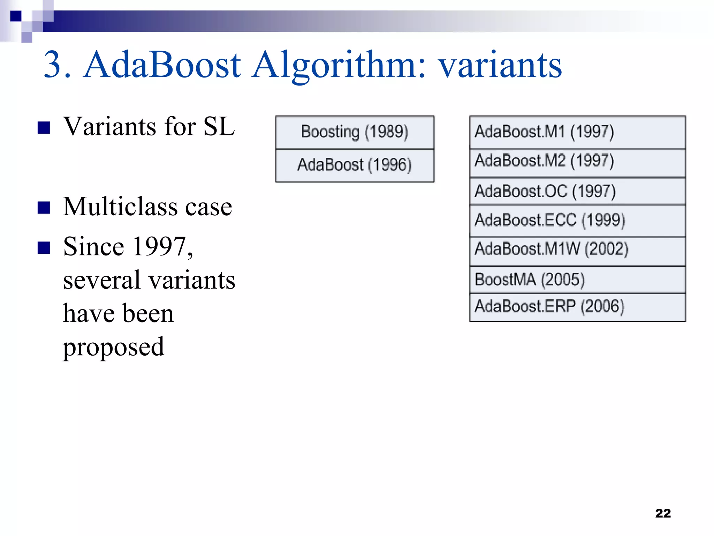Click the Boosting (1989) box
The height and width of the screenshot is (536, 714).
coord(355,132)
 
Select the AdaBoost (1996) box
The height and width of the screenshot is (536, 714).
coord(355,165)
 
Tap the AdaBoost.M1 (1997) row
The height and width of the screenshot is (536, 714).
coord(577,132)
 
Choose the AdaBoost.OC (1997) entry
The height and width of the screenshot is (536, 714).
coord(577,191)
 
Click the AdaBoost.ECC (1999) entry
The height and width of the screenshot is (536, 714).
coord(577,221)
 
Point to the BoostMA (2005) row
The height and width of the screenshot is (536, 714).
coord(577,280)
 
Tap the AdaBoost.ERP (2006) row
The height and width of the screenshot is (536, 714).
coord(577,307)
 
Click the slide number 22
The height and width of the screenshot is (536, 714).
coord(663,513)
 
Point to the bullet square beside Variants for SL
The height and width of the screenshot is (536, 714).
coord(44,128)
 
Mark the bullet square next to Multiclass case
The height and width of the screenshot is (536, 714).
coord(44,208)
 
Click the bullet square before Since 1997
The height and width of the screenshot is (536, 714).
coord(44,248)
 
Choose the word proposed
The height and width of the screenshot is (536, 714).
coord(113,347)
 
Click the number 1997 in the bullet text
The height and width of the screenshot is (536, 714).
coord(160,247)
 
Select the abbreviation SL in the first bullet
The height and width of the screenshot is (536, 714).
coord(219,126)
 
